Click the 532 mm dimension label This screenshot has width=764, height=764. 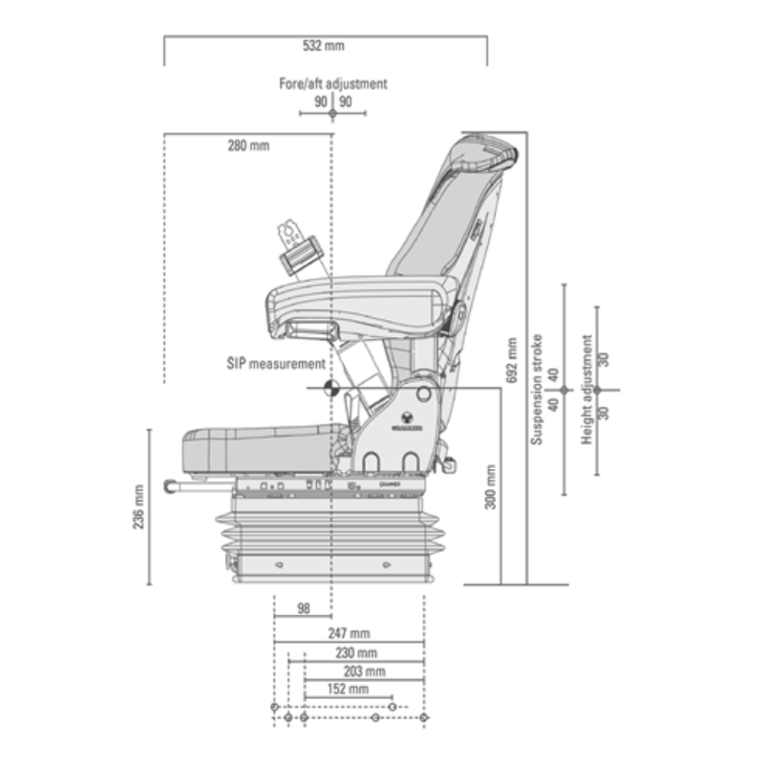[x=326, y=46]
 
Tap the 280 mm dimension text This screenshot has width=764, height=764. [x=248, y=146]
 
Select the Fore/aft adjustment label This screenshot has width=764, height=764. [x=332, y=84]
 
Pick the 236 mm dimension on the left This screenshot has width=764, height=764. [x=138, y=507]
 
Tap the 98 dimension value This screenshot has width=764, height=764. [x=303, y=608]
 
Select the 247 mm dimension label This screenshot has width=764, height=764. [x=349, y=633]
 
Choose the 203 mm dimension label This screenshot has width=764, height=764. [x=364, y=671]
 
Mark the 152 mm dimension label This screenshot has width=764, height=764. [x=348, y=689]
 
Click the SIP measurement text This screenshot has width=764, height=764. [x=275, y=364]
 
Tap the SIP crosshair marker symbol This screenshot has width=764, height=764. [x=331, y=388]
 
